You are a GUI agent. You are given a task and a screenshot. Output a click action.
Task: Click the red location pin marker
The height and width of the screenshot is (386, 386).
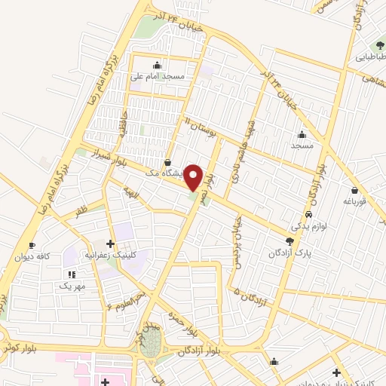195,177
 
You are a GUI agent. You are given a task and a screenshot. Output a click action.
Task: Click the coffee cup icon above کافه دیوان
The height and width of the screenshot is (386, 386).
32,245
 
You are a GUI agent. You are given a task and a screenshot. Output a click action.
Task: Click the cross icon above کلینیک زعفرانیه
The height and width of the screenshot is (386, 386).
111,244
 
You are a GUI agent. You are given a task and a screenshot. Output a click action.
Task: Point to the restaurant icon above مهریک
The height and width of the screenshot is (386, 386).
72,274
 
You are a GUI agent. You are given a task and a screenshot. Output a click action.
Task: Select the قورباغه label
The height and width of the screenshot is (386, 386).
354,201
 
